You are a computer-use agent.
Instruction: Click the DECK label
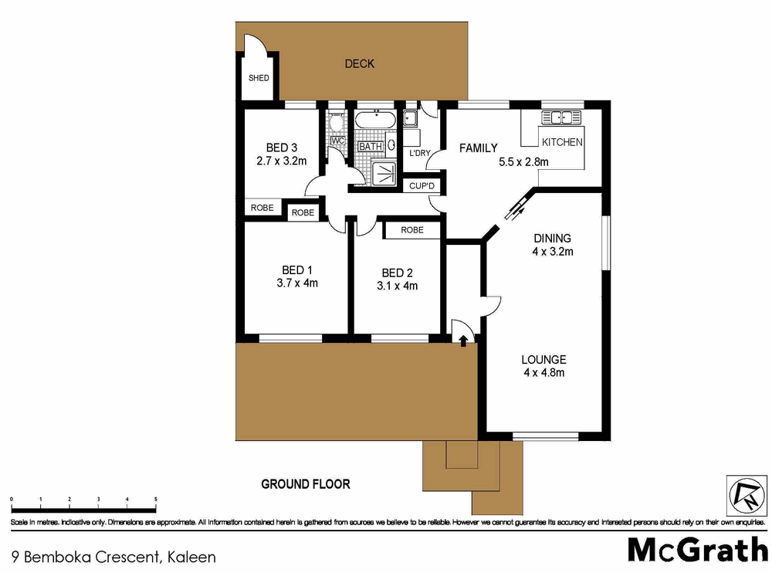(x=359, y=63)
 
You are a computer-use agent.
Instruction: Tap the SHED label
(x=259, y=78)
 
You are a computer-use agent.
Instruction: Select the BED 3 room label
(x=282, y=147)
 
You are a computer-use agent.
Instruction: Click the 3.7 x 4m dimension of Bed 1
(x=297, y=283)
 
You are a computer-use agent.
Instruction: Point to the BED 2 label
(x=398, y=273)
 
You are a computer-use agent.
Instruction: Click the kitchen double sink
(x=560, y=117)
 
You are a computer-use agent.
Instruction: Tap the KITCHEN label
(x=562, y=142)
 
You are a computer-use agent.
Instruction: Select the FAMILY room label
(x=479, y=148)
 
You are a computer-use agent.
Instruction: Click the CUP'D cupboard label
(x=422, y=186)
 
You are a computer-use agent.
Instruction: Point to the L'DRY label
(x=419, y=153)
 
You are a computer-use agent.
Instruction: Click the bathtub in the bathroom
(x=375, y=120)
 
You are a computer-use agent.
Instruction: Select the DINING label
(x=552, y=238)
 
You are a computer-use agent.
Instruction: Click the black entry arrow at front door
(x=462, y=340)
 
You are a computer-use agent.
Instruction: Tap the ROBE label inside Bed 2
(x=412, y=229)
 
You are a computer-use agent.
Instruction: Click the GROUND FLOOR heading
(x=306, y=484)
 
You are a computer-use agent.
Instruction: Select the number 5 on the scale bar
(x=156, y=500)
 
